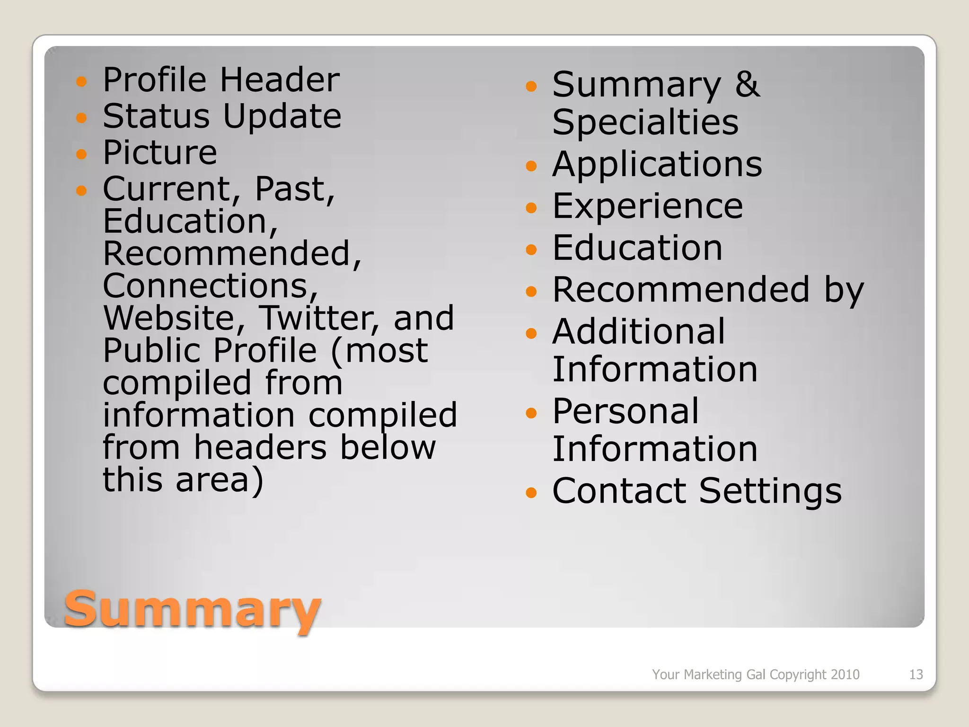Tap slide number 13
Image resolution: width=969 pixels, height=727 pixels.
pyautogui.click(x=916, y=674)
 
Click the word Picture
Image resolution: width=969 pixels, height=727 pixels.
pyautogui.click(x=160, y=152)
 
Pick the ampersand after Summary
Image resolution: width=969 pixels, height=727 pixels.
pyautogui.click(x=747, y=84)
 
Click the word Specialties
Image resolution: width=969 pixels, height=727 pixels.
pyautogui.click(x=645, y=122)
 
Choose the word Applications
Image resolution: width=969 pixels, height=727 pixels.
pyautogui.click(x=657, y=164)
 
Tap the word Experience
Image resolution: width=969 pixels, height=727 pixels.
pyautogui.click(x=648, y=206)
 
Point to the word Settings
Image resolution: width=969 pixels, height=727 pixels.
pyautogui.click(x=770, y=491)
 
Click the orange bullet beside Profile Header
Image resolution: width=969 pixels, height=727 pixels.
pyautogui.click(x=82, y=81)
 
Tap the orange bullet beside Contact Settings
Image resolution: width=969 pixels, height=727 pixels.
pyautogui.click(x=531, y=493)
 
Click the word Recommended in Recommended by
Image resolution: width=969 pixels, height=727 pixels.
pyautogui.click(x=681, y=290)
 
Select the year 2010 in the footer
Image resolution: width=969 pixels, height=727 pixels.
pyautogui.click(x=846, y=674)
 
